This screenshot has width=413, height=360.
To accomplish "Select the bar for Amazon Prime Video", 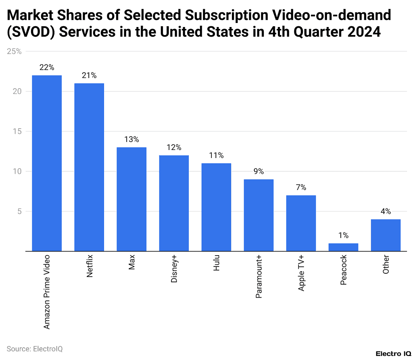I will [x=47, y=163].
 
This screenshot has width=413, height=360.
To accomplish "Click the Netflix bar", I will [x=89, y=167].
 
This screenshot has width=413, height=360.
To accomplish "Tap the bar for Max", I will [x=131, y=199].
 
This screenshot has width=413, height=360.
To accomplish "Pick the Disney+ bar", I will [x=174, y=203].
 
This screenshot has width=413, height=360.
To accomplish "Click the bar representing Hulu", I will [x=216, y=207].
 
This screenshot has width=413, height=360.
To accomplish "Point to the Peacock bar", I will [x=343, y=247].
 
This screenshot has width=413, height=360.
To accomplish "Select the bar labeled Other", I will [x=386, y=235].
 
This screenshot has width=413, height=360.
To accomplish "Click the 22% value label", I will [x=47, y=67].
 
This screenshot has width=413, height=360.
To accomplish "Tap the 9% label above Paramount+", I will [x=259, y=171].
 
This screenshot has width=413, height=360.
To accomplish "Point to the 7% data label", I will [x=301, y=187].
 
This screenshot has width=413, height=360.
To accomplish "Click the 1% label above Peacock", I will [x=343, y=235].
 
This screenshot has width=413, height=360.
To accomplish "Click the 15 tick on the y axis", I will [x=17, y=131].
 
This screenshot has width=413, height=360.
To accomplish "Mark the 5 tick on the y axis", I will [x=19, y=211].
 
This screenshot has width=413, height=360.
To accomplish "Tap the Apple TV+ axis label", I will [x=301, y=279].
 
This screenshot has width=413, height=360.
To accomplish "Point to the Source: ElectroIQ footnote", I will [x=35, y=348].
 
